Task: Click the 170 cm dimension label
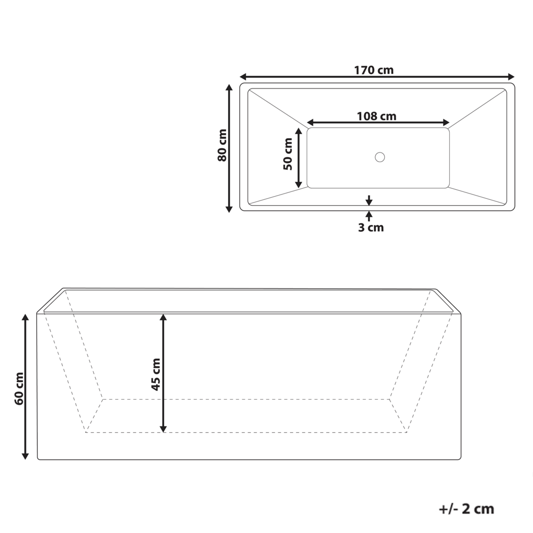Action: tap(374, 70)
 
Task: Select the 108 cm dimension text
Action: tap(376, 116)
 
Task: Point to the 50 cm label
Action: tap(288, 154)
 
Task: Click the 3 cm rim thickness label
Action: tap(370, 228)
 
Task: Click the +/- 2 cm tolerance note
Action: tap(466, 509)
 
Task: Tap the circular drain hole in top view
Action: tap(379, 157)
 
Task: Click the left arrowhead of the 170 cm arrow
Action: tap(243, 76)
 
